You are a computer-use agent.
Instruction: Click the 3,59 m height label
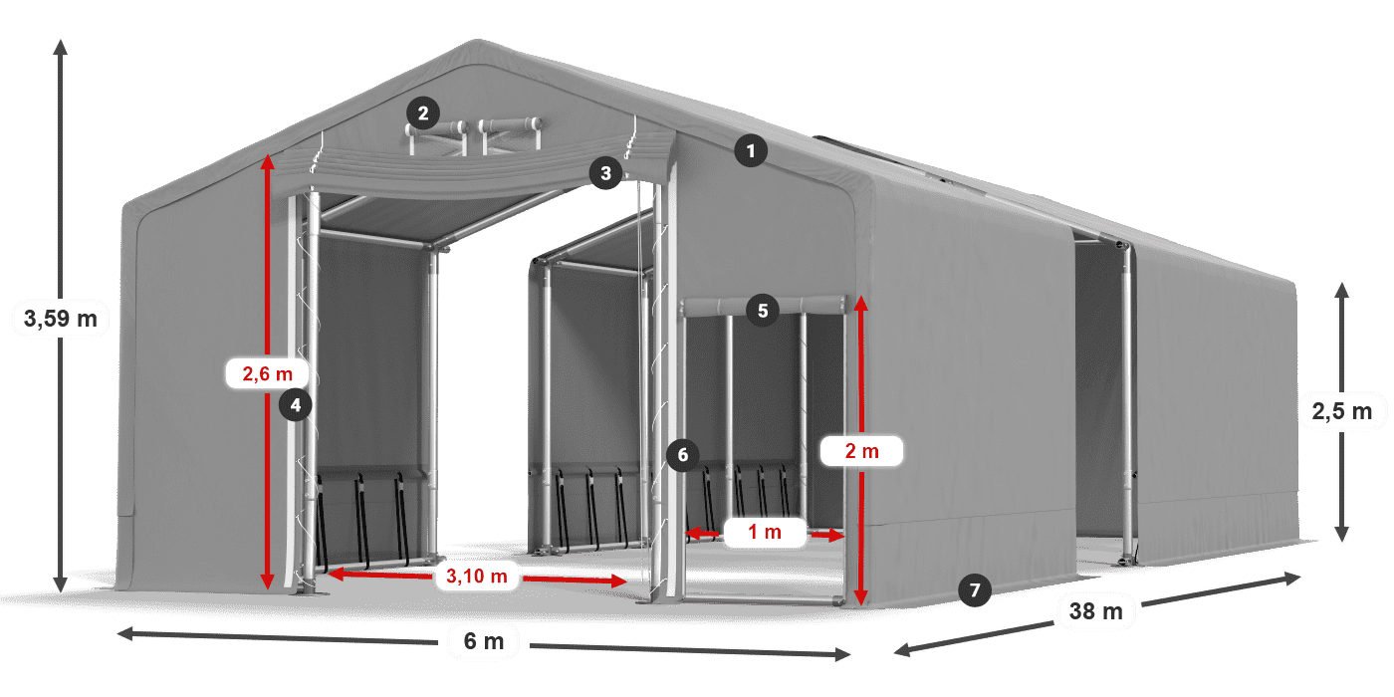60,319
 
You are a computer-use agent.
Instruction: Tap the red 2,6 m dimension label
268,374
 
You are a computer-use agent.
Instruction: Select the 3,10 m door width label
477,575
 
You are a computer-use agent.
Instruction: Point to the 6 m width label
484,641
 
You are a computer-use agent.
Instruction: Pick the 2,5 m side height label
1341,410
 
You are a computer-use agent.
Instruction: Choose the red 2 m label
861,451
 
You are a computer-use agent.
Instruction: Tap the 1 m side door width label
765,534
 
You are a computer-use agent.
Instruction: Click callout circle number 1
751,151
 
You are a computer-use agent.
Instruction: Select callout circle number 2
423,114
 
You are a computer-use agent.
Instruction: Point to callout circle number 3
605,173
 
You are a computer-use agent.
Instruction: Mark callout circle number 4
296,404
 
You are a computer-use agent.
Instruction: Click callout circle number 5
763,310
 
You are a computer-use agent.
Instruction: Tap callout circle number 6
682,456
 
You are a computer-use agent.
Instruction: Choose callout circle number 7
975,590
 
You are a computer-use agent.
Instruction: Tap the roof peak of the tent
476,44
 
